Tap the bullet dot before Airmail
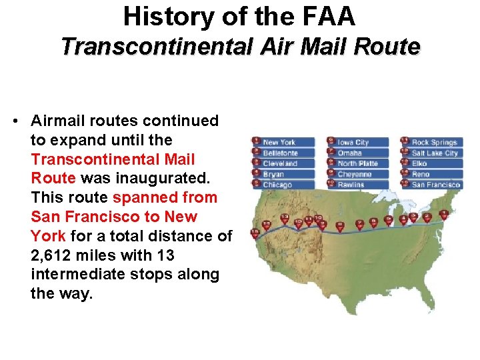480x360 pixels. tap(15, 121)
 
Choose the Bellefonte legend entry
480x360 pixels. tap(280, 153)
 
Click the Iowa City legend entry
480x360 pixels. tap(353, 142)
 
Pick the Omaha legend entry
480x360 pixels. tap(349, 153)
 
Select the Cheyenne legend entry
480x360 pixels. tap(354, 174)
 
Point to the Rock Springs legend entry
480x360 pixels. tap(433, 142)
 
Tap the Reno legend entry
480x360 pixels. tap(421, 174)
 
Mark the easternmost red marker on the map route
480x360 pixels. tap(443, 215)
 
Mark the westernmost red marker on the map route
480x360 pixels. tap(255, 233)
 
